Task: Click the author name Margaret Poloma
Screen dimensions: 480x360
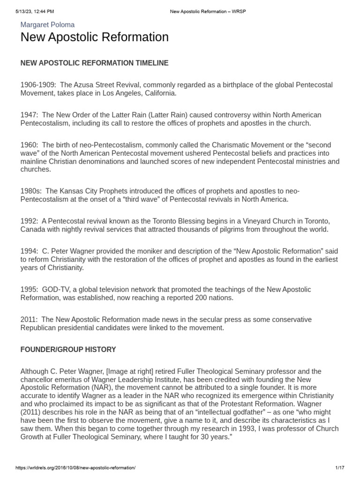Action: click(47, 24)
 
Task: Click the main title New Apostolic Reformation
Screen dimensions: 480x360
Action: click(94, 37)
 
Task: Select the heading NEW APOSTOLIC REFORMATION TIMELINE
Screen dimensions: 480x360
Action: click(94, 63)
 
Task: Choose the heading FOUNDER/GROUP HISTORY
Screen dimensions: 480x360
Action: click(68, 350)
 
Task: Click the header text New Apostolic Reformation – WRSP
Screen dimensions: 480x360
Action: click(207, 11)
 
